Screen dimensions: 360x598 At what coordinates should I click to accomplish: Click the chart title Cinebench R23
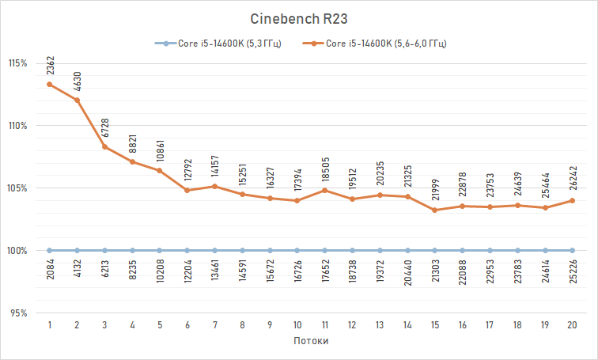[298, 18]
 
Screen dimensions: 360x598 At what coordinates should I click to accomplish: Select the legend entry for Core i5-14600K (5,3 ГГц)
[218, 44]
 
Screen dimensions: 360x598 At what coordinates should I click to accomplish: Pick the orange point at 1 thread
[50, 85]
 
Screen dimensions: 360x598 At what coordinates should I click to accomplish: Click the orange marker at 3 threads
[104, 147]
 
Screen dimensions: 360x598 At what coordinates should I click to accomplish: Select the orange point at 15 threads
[435, 210]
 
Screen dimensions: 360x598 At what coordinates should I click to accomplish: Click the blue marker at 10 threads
[297, 251]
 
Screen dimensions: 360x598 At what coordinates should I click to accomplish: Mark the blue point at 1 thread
[50, 251]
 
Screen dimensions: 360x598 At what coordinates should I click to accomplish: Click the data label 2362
[50, 66]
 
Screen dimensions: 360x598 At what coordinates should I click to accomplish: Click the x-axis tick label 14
[407, 324]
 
